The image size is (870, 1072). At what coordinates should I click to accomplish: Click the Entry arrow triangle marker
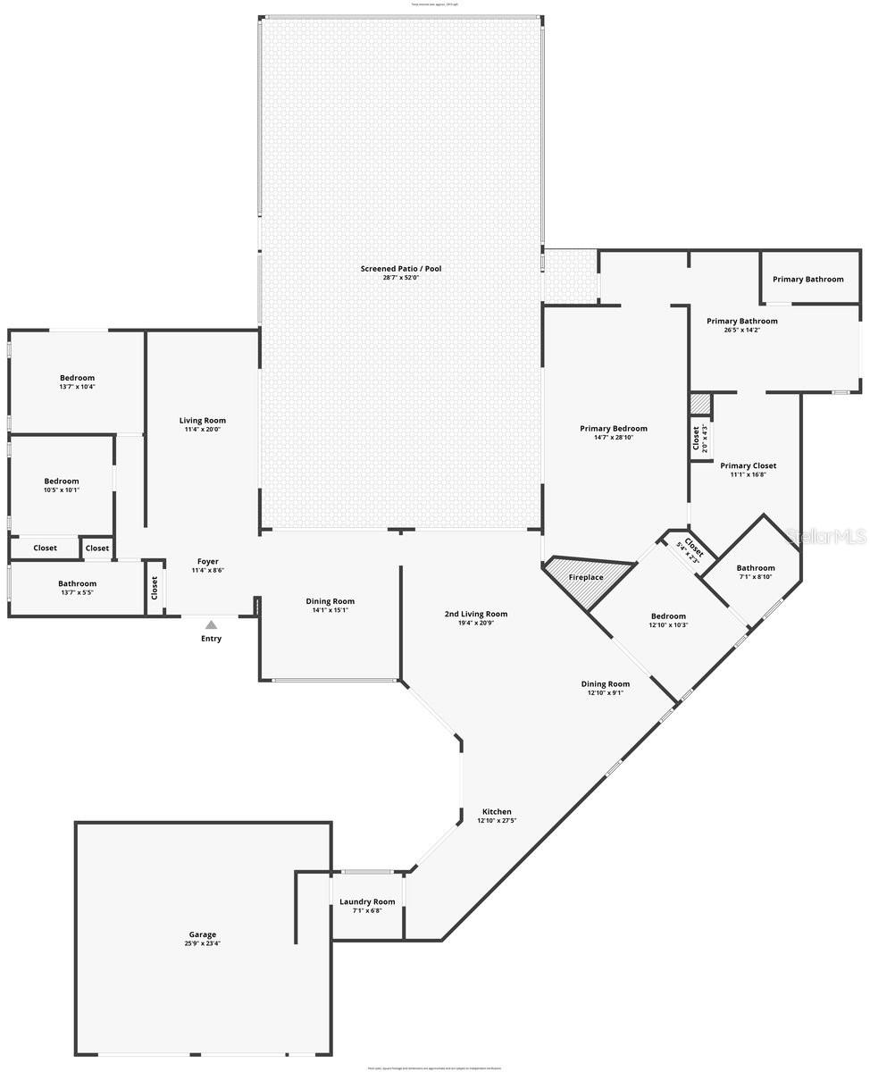(x=211, y=625)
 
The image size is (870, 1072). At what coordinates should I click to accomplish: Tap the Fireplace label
(x=586, y=577)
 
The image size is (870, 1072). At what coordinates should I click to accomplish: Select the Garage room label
(x=202, y=934)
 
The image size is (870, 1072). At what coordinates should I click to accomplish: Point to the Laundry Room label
(x=367, y=901)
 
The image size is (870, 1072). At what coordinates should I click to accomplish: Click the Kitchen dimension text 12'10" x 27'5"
(x=497, y=821)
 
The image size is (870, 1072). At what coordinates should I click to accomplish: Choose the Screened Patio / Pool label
(x=401, y=269)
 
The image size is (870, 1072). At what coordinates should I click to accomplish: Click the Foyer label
(x=207, y=561)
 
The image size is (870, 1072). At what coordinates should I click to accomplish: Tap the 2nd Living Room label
(x=476, y=614)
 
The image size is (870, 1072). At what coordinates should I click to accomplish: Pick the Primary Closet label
(x=748, y=465)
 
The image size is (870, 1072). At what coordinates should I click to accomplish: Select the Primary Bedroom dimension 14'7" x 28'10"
(x=613, y=438)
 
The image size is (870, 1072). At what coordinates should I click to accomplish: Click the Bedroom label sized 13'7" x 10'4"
(x=77, y=378)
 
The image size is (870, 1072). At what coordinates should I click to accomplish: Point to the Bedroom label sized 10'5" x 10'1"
(x=62, y=481)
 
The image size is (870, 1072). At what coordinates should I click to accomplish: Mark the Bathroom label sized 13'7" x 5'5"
(x=77, y=583)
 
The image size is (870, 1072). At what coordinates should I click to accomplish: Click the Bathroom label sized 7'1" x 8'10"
(x=756, y=567)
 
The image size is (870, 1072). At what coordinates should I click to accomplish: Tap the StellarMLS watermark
(x=826, y=536)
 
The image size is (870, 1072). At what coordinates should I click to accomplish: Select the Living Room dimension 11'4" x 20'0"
(x=203, y=430)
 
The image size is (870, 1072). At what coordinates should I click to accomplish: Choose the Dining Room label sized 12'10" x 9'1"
(x=606, y=684)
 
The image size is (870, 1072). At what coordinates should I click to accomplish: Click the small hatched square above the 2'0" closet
(x=700, y=404)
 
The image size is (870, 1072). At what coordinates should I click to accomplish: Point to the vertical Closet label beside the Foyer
(x=155, y=587)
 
